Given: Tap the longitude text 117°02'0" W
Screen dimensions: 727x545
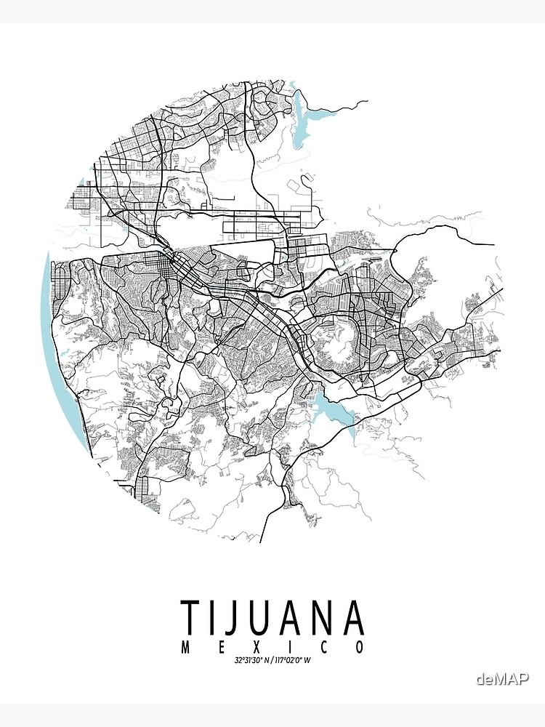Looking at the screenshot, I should (x=295, y=660).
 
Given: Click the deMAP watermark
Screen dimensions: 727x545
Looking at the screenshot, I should (x=502, y=679).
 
